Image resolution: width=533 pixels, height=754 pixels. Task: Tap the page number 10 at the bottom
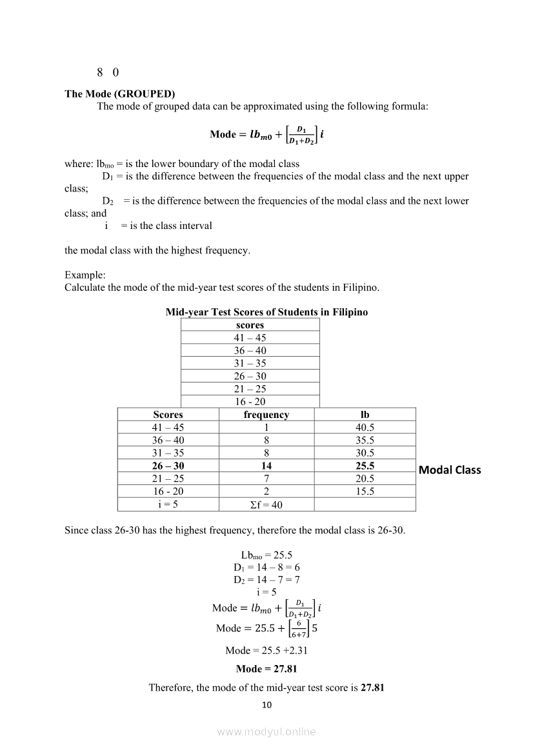pos(266,704)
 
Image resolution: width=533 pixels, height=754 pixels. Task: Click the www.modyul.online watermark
pos(266,731)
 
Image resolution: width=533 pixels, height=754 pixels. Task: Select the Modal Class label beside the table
pos(450,470)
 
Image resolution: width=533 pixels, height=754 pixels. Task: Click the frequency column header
pos(266,415)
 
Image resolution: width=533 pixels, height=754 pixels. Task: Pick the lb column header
pos(365,415)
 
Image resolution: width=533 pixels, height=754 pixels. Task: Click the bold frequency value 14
pos(266,466)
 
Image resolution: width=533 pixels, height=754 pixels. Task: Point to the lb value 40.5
pos(365,428)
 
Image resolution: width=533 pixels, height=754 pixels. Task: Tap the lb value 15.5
pos(365,491)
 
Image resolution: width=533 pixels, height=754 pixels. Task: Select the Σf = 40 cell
pos(266,504)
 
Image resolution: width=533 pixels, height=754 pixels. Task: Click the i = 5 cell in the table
pos(168,504)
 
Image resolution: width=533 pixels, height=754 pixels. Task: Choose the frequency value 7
pos(266,479)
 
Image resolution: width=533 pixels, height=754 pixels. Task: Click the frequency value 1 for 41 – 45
pos(266,428)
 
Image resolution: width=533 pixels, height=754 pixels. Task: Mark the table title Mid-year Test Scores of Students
pos(266,312)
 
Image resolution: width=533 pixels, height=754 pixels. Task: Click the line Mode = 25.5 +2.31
pos(266,650)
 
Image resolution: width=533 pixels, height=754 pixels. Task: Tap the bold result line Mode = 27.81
pos(266,669)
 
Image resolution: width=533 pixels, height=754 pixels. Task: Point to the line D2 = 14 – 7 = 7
pos(266,579)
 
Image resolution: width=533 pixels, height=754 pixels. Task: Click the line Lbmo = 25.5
pos(266,555)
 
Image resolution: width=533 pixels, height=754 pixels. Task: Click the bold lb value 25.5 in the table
pos(365,466)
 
